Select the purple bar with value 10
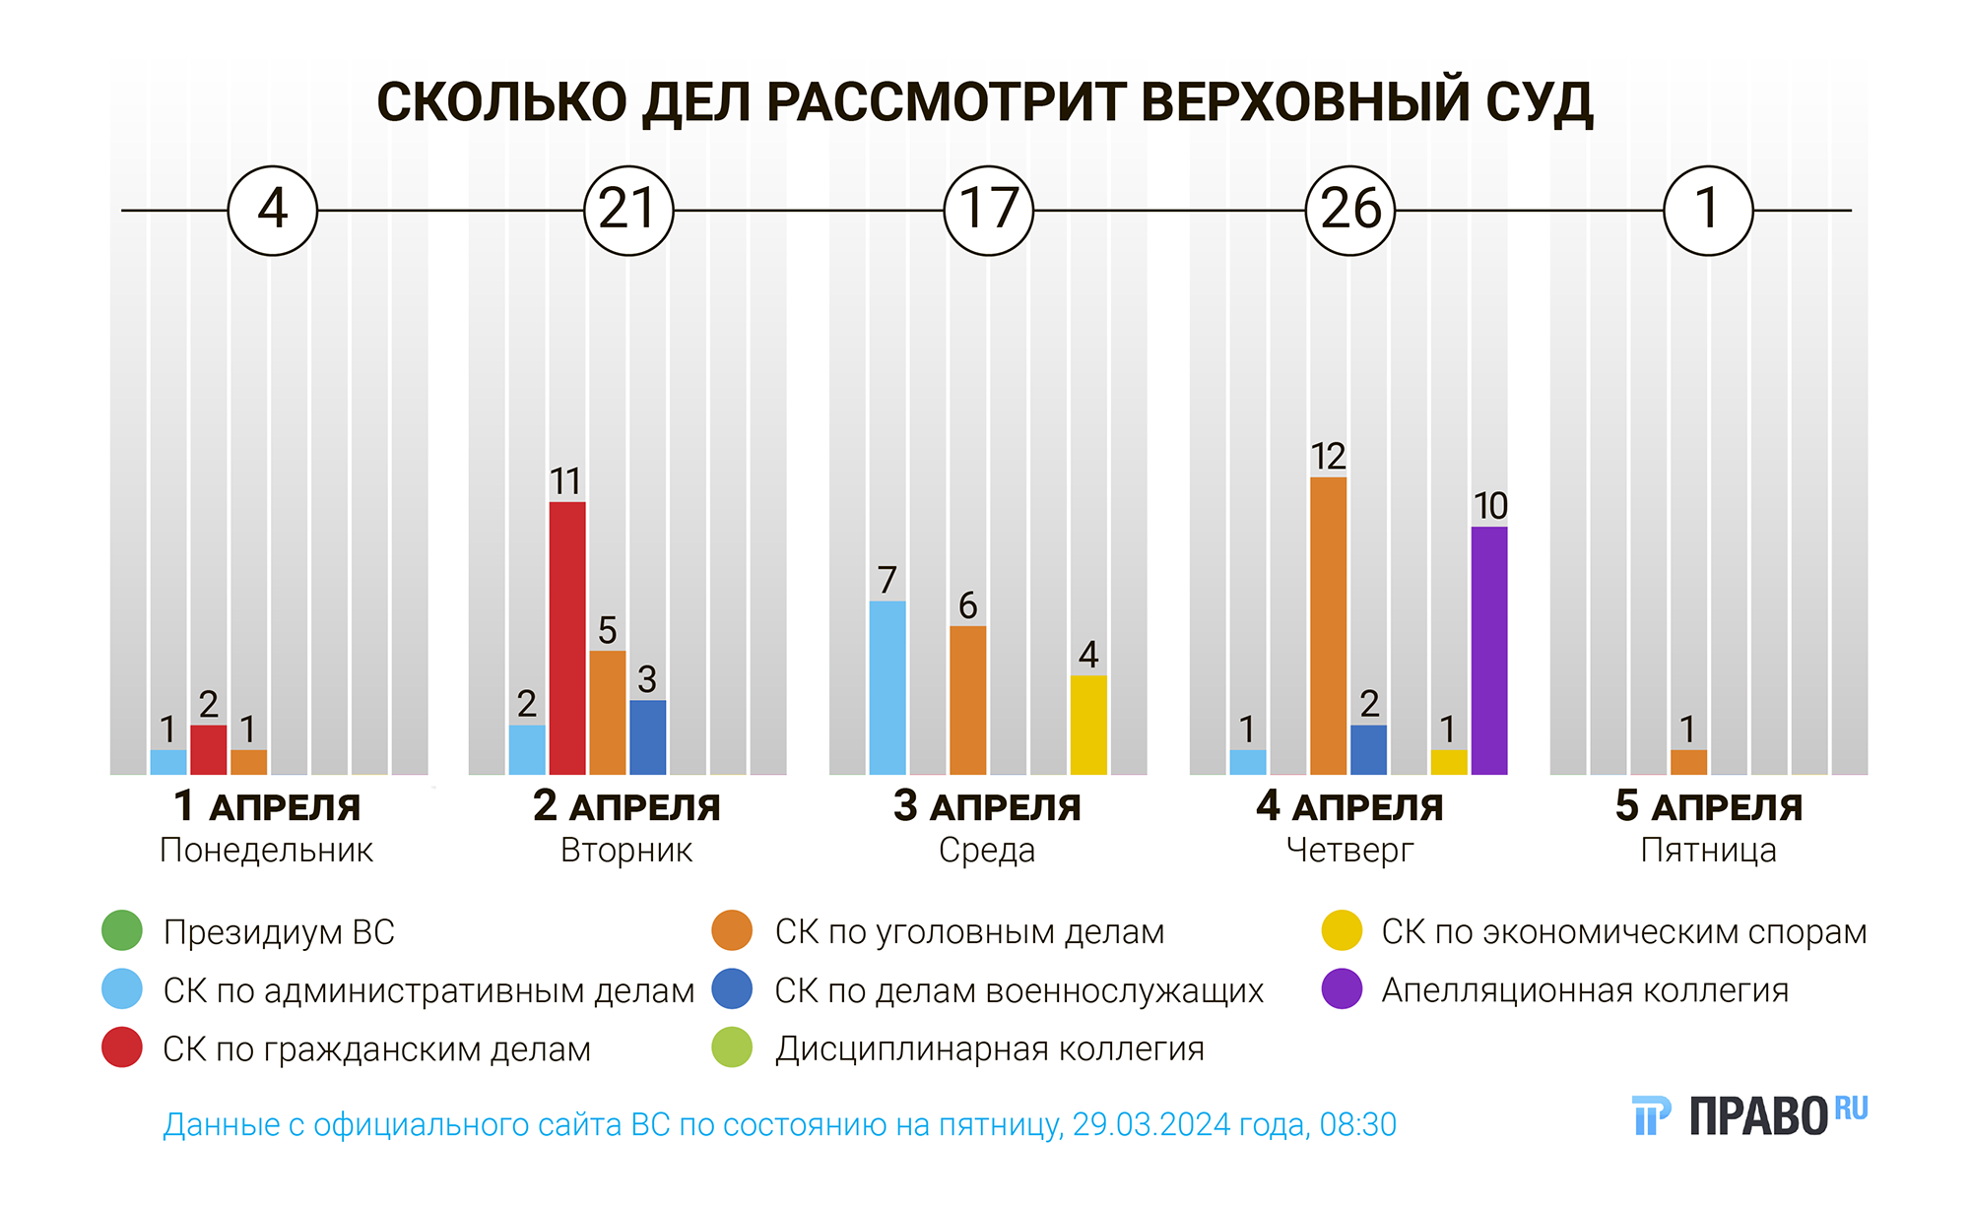pyautogui.click(x=1489, y=651)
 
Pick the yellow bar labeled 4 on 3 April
pyautogui.click(x=1088, y=725)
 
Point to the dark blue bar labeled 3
pyautogui.click(x=647, y=737)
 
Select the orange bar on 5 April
pyautogui.click(x=1688, y=762)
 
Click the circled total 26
pyautogui.click(x=1350, y=211)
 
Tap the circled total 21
pyautogui.click(x=628, y=211)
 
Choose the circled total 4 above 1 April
pyautogui.click(x=273, y=211)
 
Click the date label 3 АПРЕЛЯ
pyautogui.click(x=987, y=807)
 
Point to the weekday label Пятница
pyautogui.click(x=1708, y=851)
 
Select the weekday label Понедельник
pyautogui.click(x=266, y=851)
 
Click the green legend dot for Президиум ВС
pyautogui.click(x=122, y=931)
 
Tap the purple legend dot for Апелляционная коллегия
pyautogui.click(x=1342, y=989)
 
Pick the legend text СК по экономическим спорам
pyautogui.click(x=1623, y=931)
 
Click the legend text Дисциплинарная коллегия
pyautogui.click(x=989, y=1049)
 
